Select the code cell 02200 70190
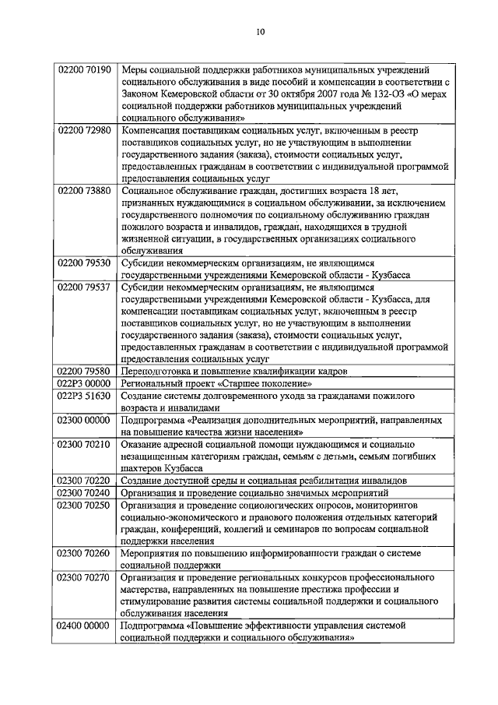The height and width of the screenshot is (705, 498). pyautogui.click(x=86, y=70)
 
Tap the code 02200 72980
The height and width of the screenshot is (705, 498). pyautogui.click(x=86, y=131)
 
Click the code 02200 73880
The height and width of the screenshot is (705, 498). pyautogui.click(x=86, y=191)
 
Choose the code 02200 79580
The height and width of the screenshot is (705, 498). pyautogui.click(x=86, y=372)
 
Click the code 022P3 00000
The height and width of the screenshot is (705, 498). pyautogui.click(x=86, y=383)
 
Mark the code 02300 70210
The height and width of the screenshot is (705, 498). pyautogui.click(x=86, y=444)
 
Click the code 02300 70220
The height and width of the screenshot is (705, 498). pyautogui.click(x=86, y=480)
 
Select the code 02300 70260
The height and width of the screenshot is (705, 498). pyautogui.click(x=86, y=552)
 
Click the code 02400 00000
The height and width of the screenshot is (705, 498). pyautogui.click(x=86, y=626)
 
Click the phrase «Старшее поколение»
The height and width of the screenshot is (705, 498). pyautogui.click(x=267, y=383)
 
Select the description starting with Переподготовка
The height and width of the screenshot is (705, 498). pyautogui.click(x=233, y=372)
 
